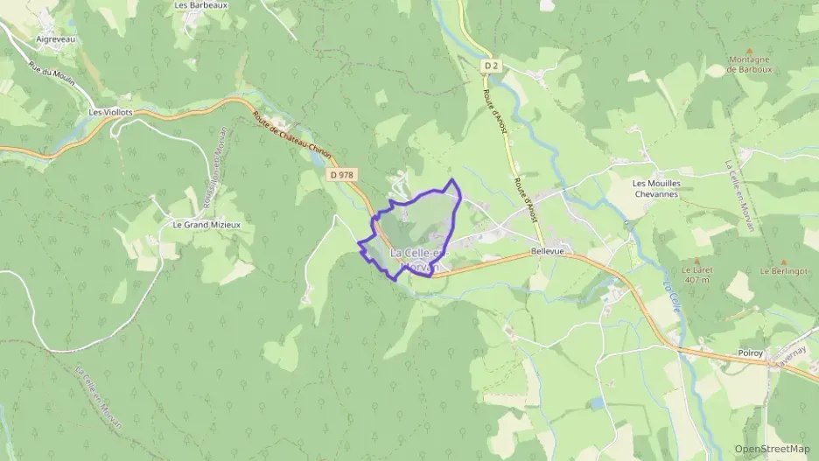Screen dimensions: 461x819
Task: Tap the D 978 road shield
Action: (342, 175)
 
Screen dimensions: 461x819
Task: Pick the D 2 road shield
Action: (492, 65)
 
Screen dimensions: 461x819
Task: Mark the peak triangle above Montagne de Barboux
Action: (750, 51)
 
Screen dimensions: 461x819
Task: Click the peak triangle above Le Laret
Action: (697, 260)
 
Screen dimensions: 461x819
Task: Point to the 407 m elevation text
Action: (696, 281)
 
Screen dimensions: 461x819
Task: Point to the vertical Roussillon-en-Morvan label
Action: (217, 165)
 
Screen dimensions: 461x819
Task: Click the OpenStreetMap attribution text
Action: (773, 449)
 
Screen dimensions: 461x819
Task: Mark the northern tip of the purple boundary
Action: (452, 179)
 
